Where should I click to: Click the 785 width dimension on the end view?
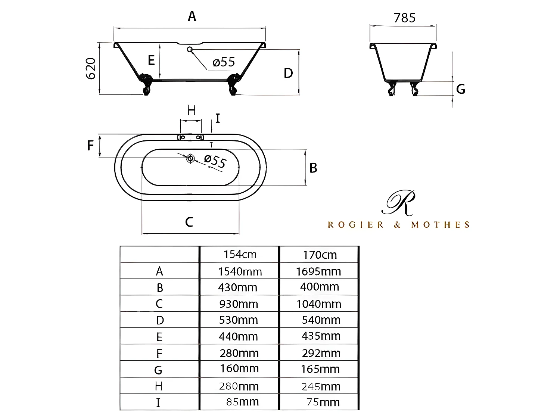click(405, 18)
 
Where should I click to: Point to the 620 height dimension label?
click(91, 68)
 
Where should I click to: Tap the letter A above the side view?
click(192, 16)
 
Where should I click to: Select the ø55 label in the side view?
click(224, 62)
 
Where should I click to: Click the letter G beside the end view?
click(461, 89)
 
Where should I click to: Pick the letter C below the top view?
click(189, 222)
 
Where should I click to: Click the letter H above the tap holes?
click(192, 111)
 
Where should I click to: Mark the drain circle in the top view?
click(190, 158)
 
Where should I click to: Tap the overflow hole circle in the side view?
click(190, 49)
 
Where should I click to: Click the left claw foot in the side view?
click(146, 84)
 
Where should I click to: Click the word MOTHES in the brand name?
click(440, 225)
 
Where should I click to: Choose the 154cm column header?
click(240, 255)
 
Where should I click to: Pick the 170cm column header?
click(320, 255)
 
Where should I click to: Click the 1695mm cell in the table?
click(318, 271)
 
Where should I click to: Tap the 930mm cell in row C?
click(239, 304)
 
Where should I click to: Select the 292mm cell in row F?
click(321, 353)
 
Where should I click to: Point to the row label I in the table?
click(158, 403)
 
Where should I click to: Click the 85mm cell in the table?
click(242, 402)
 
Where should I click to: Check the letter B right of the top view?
click(313, 168)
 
